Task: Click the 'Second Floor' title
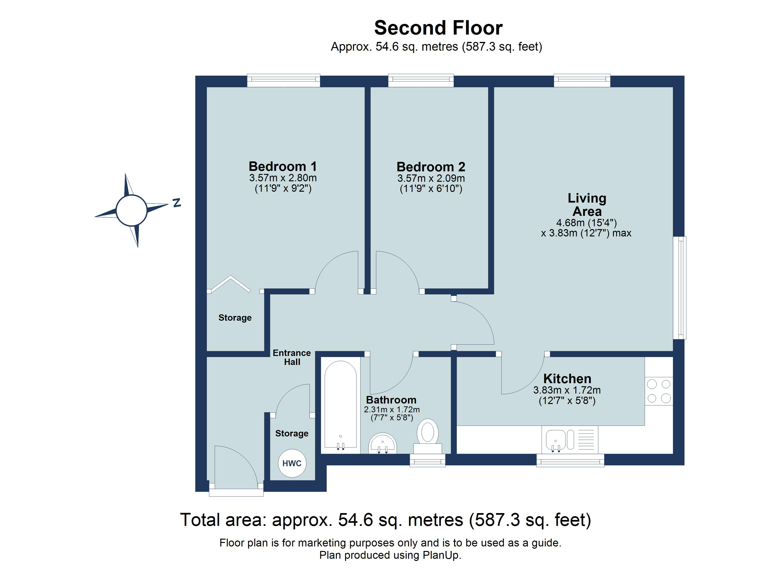[438, 28]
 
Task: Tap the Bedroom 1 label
[283, 166]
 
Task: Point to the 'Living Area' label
[587, 205]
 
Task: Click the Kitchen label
[567, 379]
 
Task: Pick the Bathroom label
[391, 400]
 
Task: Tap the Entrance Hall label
[292, 358]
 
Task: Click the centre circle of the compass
[132, 210]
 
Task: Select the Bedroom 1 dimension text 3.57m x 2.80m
[283, 178]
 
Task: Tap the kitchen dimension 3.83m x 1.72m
[567, 390]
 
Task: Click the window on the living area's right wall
[680, 288]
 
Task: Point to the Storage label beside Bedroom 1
[235, 318]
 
